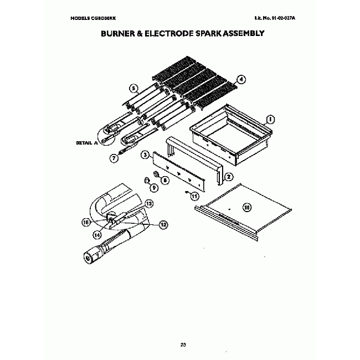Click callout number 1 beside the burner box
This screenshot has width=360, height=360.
tap(270, 119)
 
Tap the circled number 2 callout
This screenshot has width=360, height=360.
tap(228, 177)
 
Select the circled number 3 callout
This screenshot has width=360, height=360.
tap(144, 156)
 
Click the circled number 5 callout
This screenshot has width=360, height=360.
tap(133, 88)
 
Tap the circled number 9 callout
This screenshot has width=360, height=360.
tap(153, 187)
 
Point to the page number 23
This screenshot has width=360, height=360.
tap(183, 346)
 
